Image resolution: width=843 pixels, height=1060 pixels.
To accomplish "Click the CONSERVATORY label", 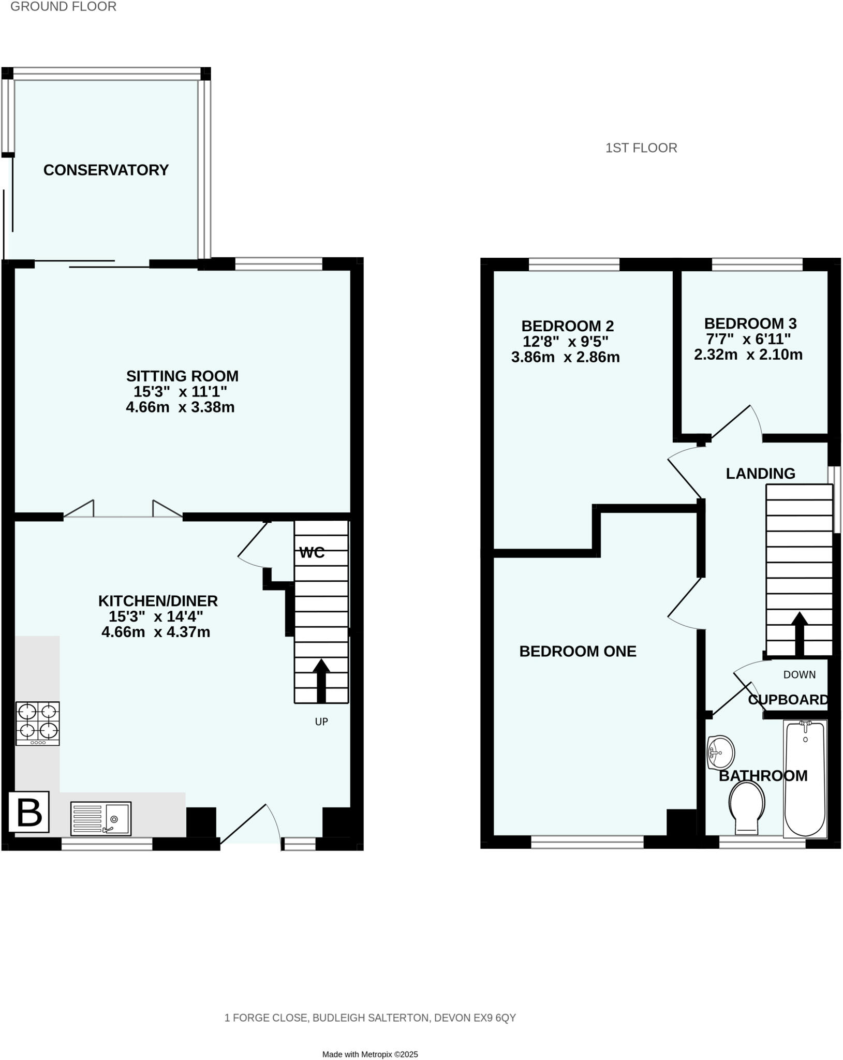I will coord(106,170).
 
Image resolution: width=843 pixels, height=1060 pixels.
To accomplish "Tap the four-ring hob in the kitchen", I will coord(37,723).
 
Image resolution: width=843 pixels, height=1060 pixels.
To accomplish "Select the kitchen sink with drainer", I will coord(101,818).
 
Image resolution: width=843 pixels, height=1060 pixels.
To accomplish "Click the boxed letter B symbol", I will coord(29,812).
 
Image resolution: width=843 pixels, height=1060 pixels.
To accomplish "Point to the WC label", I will coord(312,553).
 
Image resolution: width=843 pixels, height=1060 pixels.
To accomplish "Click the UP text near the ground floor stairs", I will coord(321,722).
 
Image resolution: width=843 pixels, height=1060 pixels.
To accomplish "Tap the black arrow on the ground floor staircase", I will coord(321,680).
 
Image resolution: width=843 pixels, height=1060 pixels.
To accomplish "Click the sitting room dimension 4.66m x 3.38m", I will coord(180,407).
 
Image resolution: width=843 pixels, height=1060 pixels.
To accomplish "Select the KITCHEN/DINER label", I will coord(158,601).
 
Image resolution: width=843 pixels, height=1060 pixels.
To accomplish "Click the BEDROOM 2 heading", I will coord(567,326).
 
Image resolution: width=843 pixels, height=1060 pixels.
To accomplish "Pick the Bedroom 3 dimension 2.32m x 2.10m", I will coord(748,355).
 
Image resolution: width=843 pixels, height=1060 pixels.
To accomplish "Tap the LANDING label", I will coord(760,473).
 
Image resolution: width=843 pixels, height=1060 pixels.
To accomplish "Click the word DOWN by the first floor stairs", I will coord(799,674).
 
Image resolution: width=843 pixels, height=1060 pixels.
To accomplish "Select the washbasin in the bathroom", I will coord(721,752).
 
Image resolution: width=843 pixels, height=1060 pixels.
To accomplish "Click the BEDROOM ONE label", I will coord(578,651).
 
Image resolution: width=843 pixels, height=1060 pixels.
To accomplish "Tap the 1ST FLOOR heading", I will coord(641,148).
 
